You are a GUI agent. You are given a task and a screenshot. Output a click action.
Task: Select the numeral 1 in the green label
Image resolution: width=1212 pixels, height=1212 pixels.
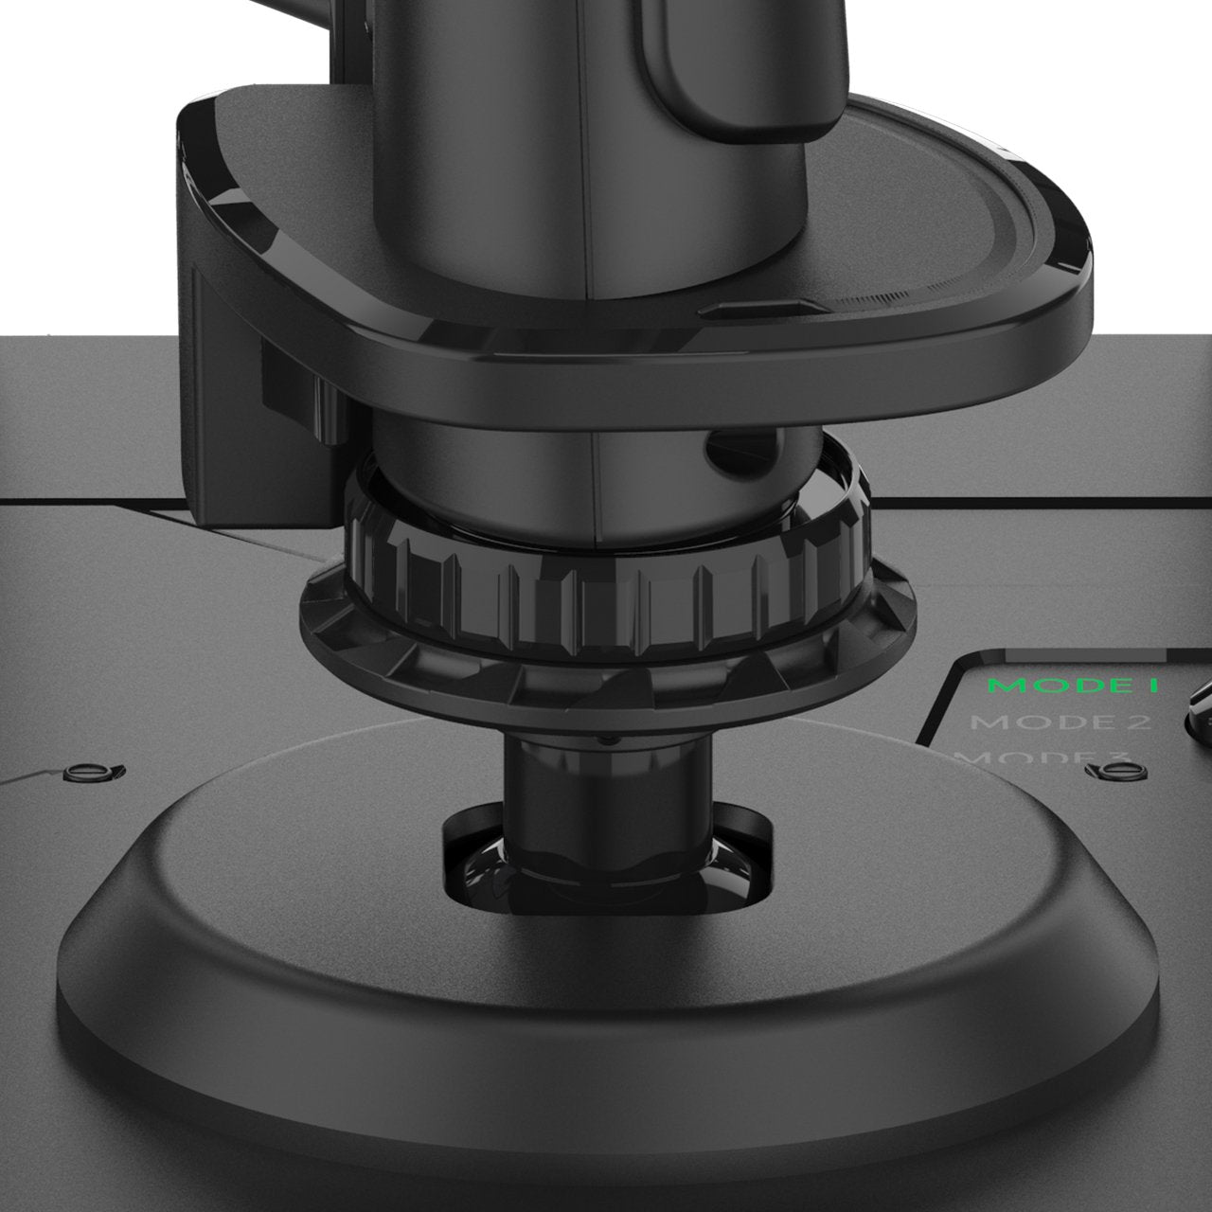click(x=1151, y=686)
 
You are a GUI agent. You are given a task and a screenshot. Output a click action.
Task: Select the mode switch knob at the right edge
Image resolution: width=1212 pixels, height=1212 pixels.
click(x=1199, y=705)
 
